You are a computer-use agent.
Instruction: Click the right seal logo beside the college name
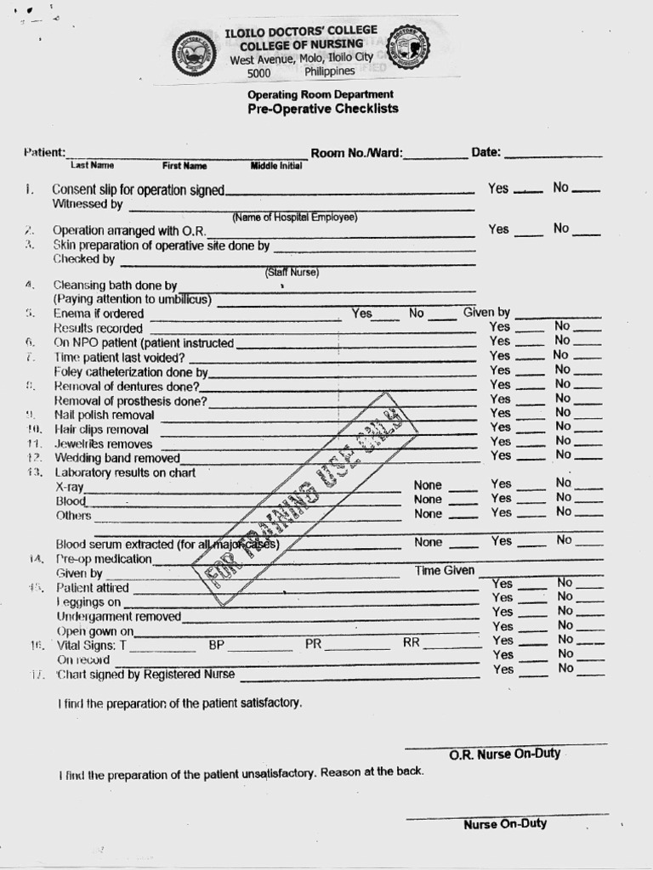(408, 48)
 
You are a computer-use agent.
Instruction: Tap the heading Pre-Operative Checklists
(322, 109)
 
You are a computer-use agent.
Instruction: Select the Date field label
(485, 153)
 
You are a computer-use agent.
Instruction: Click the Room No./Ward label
(357, 154)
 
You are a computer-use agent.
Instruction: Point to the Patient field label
(44, 152)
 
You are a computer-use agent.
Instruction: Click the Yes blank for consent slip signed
(528, 190)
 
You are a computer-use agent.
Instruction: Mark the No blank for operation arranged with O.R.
(588, 230)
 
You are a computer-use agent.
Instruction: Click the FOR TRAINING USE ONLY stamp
(305, 499)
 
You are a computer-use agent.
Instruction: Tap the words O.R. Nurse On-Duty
(504, 754)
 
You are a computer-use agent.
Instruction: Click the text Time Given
(445, 571)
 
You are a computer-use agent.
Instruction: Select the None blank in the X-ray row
(463, 489)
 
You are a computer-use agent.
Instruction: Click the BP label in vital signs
(216, 645)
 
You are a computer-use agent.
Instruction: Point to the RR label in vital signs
(412, 643)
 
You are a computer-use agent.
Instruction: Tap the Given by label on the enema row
(486, 313)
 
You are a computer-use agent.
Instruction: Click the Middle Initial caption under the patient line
(276, 166)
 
